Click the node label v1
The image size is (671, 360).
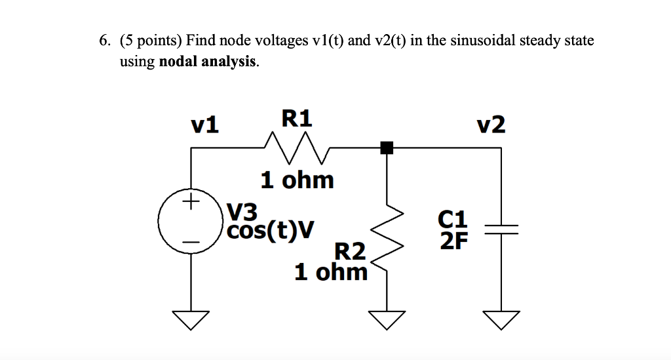(x=205, y=125)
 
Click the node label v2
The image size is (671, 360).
(x=491, y=125)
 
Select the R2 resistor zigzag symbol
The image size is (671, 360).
(x=387, y=233)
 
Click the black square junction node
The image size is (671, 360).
(x=387, y=148)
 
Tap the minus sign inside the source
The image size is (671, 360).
(x=191, y=243)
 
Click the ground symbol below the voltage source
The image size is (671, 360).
(x=191, y=318)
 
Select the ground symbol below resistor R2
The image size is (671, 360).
(x=387, y=318)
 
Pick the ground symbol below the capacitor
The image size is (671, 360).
(x=501, y=318)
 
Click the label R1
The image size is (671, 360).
(x=297, y=118)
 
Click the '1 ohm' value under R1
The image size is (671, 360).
(x=297, y=179)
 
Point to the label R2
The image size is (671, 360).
(x=350, y=251)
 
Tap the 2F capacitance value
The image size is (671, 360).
(x=454, y=242)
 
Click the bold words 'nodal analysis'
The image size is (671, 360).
(x=208, y=62)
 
